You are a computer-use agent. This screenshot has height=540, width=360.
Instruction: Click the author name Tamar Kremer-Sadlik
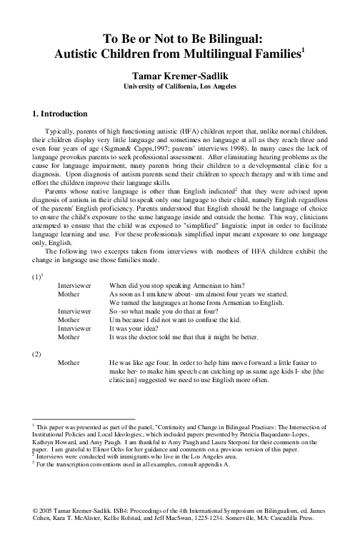pos(179,74)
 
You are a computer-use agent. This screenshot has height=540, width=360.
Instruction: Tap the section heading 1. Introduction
pos(60,114)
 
